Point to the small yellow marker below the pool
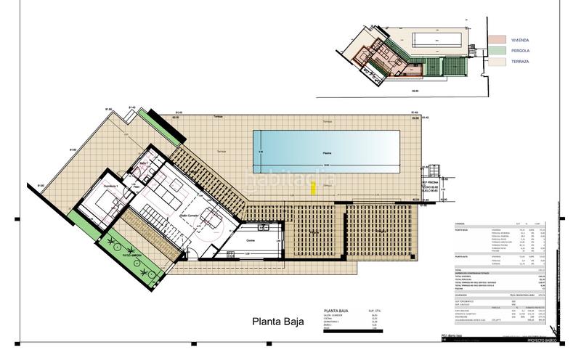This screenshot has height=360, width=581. coord(314,188)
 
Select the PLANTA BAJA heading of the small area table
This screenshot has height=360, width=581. coord(335,310)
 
